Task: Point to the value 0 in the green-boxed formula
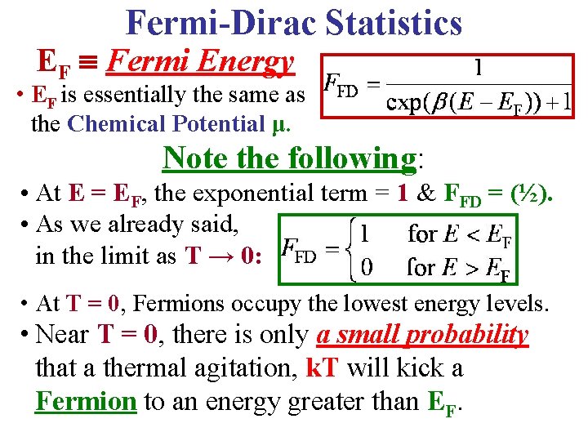[x=367, y=266]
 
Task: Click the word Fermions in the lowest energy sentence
[x=176, y=305]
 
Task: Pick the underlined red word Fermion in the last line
[x=87, y=401]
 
